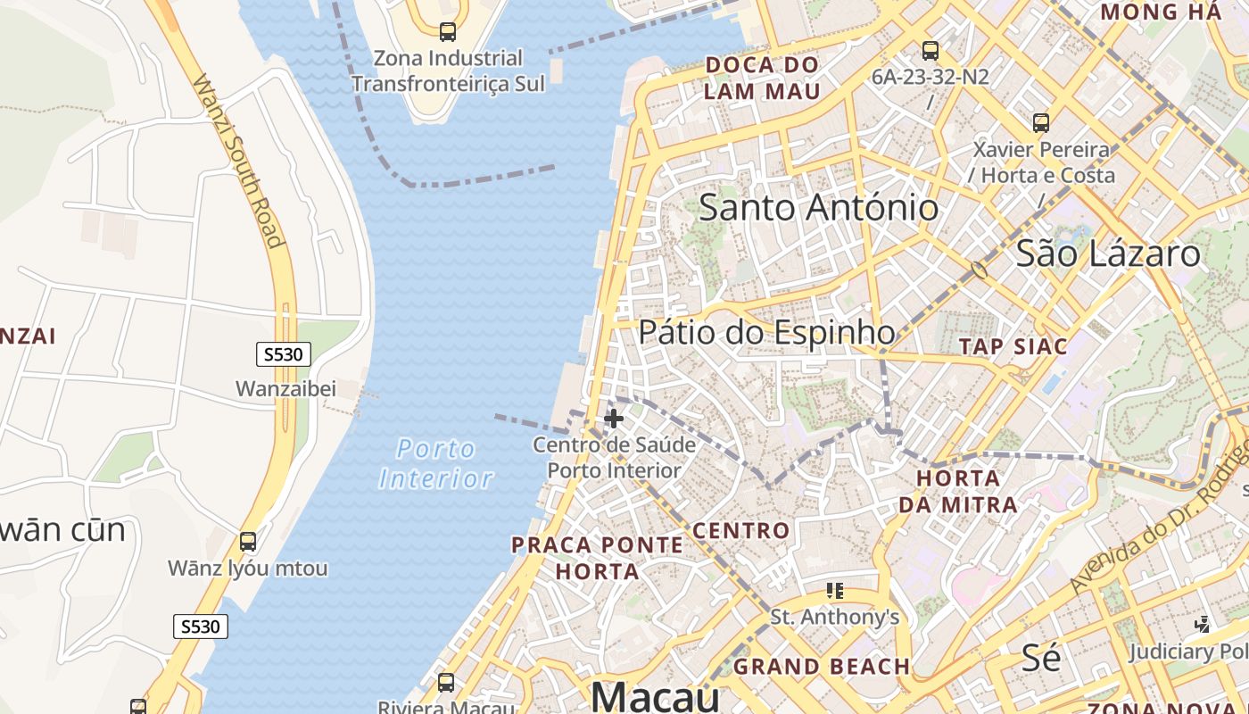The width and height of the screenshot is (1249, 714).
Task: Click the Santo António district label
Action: coord(818,208)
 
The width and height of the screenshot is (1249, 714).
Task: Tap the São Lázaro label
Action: coord(1109,253)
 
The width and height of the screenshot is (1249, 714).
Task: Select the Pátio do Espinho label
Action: coord(766,332)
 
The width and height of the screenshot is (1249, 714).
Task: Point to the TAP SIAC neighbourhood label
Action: coord(1013,346)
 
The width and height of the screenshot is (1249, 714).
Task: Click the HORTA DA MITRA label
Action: coord(958,491)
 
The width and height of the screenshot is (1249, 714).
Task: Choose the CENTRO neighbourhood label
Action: coord(741,531)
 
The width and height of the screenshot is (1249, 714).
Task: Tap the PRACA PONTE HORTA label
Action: coord(597,558)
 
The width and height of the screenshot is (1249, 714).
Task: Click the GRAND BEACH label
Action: coord(822,667)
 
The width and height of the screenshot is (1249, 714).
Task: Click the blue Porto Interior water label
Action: coord(436,463)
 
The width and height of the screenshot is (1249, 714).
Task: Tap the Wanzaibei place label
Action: coord(285,389)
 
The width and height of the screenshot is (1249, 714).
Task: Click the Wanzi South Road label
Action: coord(238,161)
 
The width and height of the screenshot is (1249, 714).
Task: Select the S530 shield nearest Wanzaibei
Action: coord(284,354)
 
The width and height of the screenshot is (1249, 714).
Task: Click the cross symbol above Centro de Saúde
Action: coord(614,418)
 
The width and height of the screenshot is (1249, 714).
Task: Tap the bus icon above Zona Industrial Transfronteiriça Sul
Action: coord(448,32)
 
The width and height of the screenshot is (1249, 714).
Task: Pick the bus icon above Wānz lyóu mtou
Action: coord(248,541)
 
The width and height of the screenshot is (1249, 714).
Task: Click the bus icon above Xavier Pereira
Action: coord(1041,123)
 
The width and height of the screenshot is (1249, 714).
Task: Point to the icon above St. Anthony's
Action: coord(835,590)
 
